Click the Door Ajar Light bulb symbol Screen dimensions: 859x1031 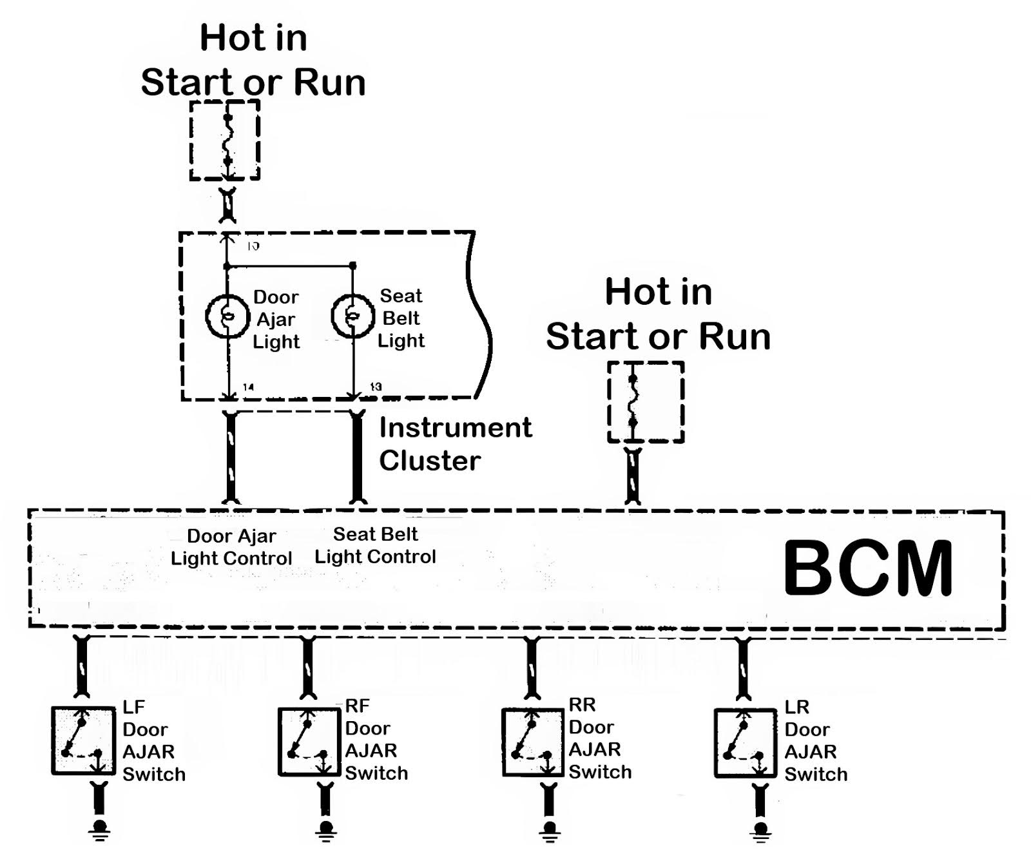pyautogui.click(x=227, y=316)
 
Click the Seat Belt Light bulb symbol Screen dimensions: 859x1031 pyautogui.click(x=352, y=316)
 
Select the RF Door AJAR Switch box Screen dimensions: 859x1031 pyautogui.click(x=309, y=742)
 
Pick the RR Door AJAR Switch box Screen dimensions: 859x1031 pyautogui.click(x=532, y=740)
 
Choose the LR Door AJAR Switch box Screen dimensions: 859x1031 pyautogui.click(x=745, y=742)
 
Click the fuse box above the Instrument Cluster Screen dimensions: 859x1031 pyautogui.click(x=225, y=140)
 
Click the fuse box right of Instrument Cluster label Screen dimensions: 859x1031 pyautogui.click(x=645, y=402)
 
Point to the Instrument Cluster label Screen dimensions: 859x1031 pyautogui.click(x=455, y=444)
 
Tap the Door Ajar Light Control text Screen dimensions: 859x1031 pyautogui.click(x=231, y=547)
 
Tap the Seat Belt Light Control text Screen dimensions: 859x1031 pyautogui.click(x=376, y=545)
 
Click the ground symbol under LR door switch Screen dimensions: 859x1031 pyautogui.click(x=761, y=831)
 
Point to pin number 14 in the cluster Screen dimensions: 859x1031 pyautogui.click(x=248, y=387)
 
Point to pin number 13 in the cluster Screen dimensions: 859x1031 pyautogui.click(x=376, y=387)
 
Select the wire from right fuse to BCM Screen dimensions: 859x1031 pyautogui.click(x=633, y=477)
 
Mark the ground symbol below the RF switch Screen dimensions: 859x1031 pyautogui.click(x=325, y=830)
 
